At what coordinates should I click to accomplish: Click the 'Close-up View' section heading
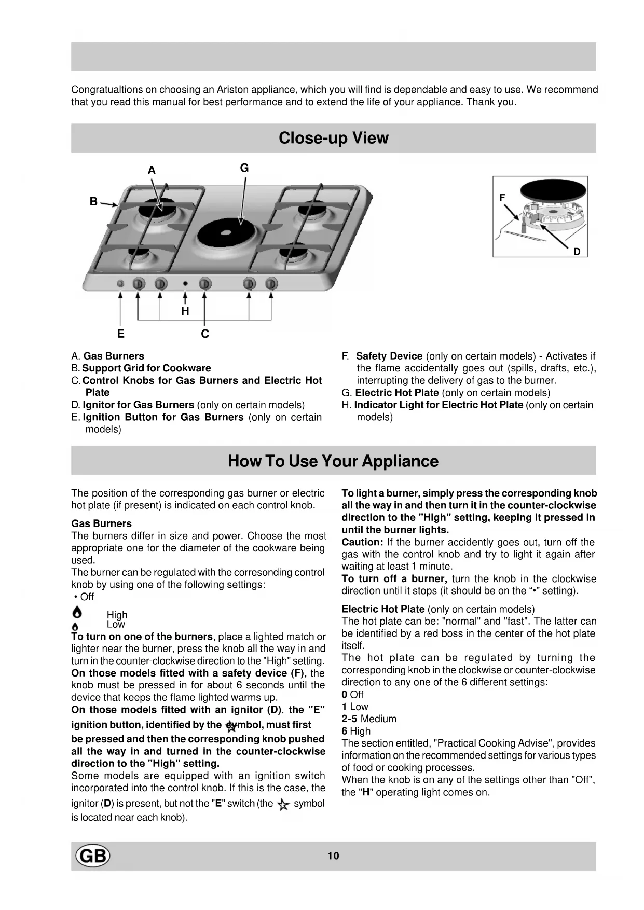[x=333, y=138]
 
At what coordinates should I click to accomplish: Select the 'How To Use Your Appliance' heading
[x=333, y=461]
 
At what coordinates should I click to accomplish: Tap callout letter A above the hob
[x=152, y=170]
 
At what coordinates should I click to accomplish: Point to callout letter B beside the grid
[x=93, y=201]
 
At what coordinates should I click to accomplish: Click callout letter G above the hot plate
[x=244, y=168]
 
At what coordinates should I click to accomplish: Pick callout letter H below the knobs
[x=185, y=311]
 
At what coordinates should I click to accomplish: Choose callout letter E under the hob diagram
[x=120, y=334]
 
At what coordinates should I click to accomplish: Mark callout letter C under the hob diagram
[x=205, y=334]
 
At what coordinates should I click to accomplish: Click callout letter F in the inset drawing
[x=502, y=198]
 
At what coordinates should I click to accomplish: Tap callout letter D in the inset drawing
[x=577, y=252]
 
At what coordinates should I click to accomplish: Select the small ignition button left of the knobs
[x=120, y=284]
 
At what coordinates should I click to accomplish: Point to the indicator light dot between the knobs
[x=185, y=284]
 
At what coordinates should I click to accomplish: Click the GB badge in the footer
[x=93, y=856]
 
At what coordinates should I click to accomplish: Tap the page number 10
[x=333, y=856]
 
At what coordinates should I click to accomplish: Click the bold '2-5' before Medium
[x=349, y=719]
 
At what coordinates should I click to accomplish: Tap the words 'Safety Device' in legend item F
[x=389, y=356]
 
